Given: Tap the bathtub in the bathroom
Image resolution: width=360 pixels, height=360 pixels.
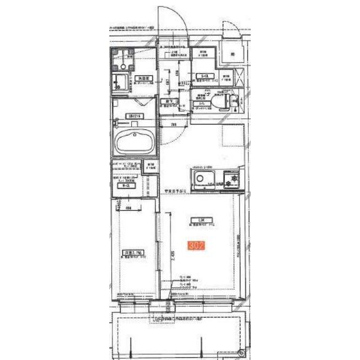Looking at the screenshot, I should click(133, 141).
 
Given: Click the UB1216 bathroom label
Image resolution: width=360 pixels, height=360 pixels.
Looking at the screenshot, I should click(134, 116).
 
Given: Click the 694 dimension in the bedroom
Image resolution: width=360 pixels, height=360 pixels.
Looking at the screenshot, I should click(129, 208).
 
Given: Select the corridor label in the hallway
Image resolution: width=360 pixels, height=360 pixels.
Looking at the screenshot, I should click(167, 101).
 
